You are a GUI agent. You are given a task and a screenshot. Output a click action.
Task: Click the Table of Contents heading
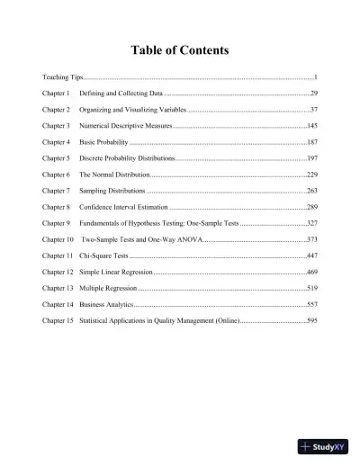(180, 50)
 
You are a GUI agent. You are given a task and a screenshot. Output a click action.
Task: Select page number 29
(313, 93)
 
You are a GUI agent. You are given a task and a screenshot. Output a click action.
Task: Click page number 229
(311, 174)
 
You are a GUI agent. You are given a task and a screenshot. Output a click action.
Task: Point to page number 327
(311, 222)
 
